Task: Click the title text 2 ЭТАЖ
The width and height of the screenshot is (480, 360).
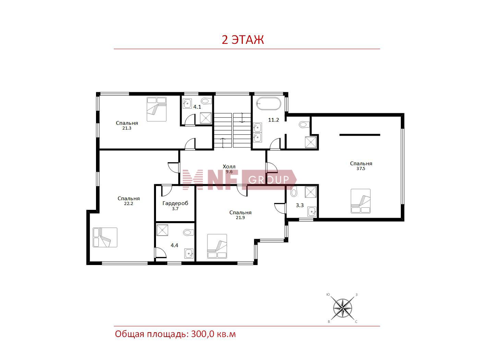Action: coord(243,40)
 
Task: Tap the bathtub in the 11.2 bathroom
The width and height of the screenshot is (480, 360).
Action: coord(268,104)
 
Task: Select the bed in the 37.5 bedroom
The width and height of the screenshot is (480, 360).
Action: coord(361,201)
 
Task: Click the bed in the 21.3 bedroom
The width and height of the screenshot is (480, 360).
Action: coord(157,109)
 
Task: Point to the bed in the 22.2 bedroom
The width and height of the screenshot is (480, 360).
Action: coord(105,237)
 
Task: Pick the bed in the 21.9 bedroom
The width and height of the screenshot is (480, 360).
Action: coord(217,246)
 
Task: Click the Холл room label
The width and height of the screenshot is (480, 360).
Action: coord(229,167)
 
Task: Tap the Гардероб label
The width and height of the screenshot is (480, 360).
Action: coord(175,203)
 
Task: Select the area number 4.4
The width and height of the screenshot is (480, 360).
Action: coord(174,245)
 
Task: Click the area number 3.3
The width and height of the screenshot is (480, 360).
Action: coord(300,205)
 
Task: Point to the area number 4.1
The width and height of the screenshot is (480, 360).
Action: coord(197,107)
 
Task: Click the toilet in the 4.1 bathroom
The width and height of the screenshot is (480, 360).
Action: coord(206,101)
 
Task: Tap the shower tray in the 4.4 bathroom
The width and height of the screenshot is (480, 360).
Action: coord(162,230)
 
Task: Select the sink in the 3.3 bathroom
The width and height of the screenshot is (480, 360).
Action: coord(312,212)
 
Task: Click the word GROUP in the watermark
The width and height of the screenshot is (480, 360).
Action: coord(268,180)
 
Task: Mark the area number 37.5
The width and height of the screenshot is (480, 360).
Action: coord(361,169)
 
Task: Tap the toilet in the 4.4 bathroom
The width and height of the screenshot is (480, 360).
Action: coord(189,232)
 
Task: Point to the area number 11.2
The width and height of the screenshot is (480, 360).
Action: coord(274,120)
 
